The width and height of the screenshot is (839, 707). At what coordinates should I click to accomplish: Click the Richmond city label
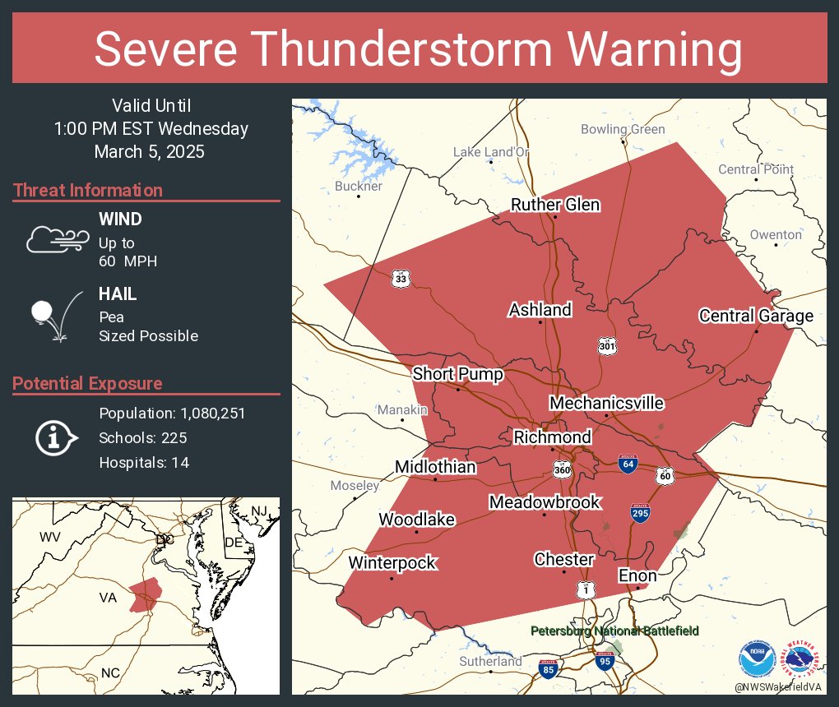click(552, 437)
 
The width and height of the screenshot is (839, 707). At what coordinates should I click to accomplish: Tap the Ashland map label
click(540, 310)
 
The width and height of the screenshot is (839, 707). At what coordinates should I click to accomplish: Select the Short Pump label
click(457, 374)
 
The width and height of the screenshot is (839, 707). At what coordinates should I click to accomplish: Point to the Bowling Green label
click(623, 129)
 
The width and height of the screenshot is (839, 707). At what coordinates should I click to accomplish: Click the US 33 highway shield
click(401, 279)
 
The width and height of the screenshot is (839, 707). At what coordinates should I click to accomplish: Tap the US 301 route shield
click(607, 345)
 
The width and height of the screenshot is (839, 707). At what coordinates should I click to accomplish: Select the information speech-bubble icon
click(54, 437)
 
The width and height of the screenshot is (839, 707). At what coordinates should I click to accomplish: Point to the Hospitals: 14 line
click(144, 462)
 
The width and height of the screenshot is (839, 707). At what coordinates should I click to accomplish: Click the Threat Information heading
click(88, 190)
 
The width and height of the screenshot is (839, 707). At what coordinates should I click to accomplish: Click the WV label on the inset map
click(50, 537)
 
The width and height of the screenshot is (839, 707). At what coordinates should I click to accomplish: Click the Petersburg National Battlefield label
click(614, 631)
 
